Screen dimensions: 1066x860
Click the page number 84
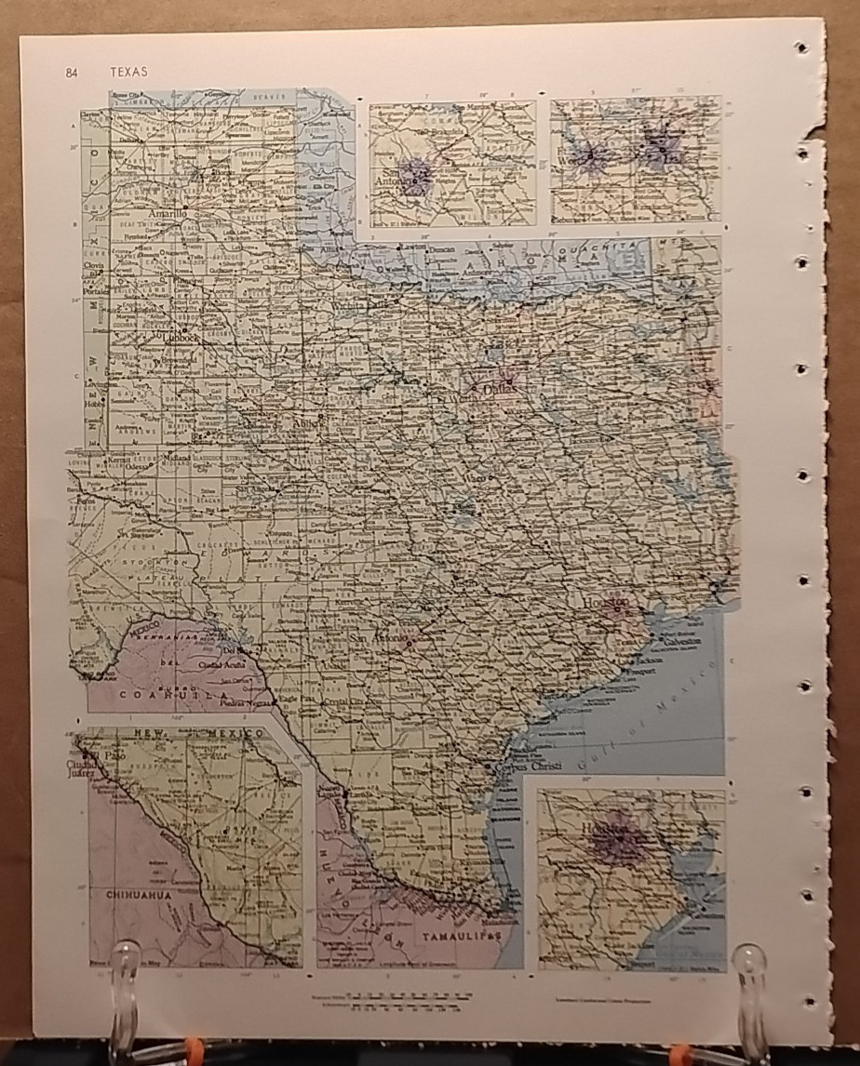[73, 73]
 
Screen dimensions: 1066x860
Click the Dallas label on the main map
[499, 391]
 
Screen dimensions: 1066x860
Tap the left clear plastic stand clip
[124, 995]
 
